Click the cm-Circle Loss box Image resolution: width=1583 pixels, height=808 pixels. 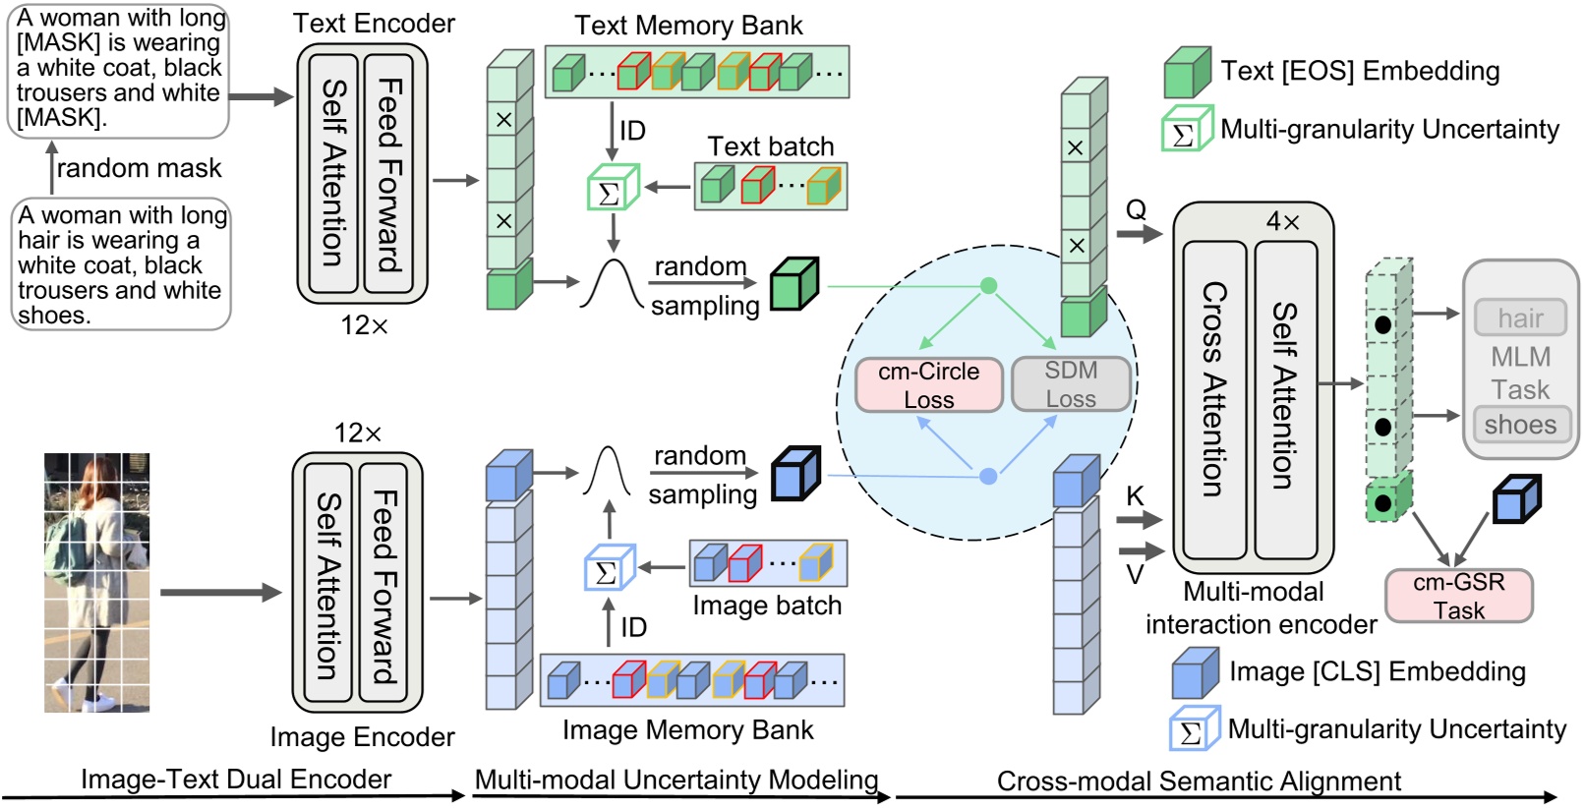pos(928,384)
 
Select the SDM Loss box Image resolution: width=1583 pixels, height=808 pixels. pos(1070,383)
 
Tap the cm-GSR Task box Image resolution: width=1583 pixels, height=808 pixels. pos(1458,596)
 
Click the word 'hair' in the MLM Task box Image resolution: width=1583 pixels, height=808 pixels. pos(1520,318)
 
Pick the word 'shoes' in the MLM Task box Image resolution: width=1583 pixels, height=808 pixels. pos(1520,425)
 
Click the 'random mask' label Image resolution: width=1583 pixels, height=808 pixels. pos(139,168)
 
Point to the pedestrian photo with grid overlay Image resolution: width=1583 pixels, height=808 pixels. pos(96,582)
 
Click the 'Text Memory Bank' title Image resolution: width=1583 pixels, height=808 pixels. pos(688,26)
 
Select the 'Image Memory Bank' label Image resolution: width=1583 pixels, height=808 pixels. pos(687,729)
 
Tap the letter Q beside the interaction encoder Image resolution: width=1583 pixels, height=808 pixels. pos(1136,209)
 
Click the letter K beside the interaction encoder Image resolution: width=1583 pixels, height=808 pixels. pos(1135,495)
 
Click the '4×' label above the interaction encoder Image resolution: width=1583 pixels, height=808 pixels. pos(1282,222)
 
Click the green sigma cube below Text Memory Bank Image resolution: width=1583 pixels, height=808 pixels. pos(612,191)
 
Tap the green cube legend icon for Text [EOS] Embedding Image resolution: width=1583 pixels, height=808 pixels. pos(1187,73)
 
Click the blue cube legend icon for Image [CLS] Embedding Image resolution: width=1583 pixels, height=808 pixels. pos(1195,673)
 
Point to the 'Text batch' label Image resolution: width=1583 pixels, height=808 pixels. pos(770,146)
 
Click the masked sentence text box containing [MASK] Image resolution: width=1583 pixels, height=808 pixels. pos(119,68)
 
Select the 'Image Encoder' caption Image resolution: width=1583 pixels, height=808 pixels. pos(362,736)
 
